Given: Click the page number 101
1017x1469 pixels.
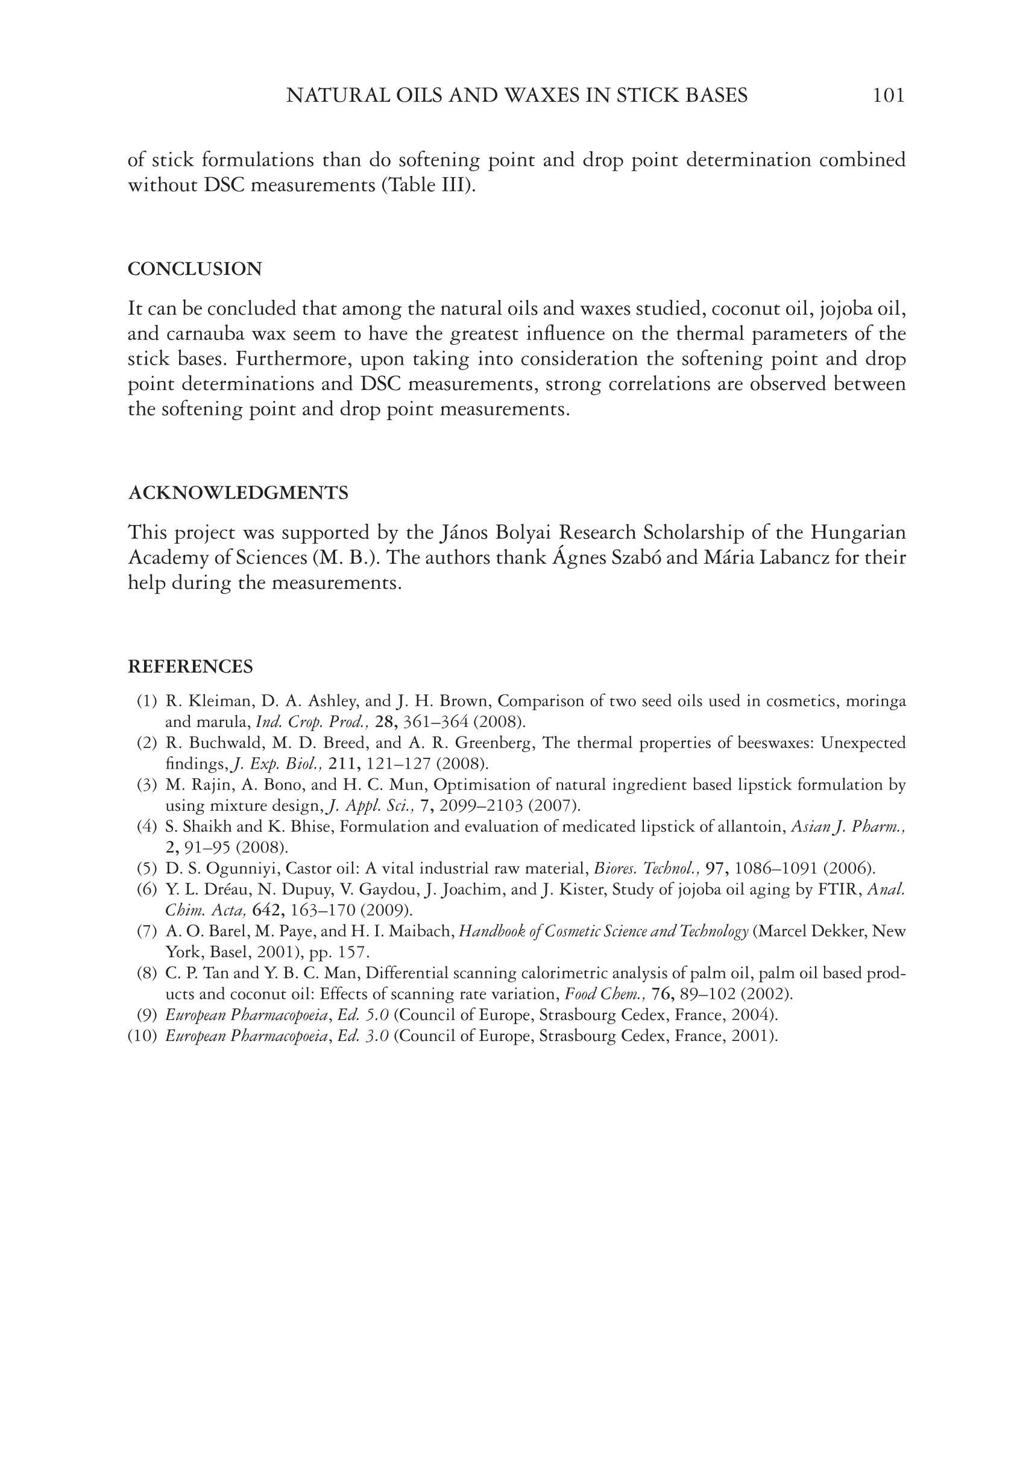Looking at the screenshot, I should pyautogui.click(x=888, y=96).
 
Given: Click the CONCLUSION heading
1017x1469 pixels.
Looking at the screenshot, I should pyautogui.click(x=195, y=269).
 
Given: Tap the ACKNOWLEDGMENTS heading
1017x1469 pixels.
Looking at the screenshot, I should pyautogui.click(x=238, y=492).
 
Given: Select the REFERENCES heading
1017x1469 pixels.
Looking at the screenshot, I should pyautogui.click(x=190, y=666).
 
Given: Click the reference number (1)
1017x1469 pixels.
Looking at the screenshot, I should pyautogui.click(x=146, y=702).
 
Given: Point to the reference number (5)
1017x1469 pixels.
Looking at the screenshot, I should pyautogui.click(x=146, y=868).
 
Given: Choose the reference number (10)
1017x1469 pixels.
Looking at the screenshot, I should pyautogui.click(x=143, y=1035).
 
